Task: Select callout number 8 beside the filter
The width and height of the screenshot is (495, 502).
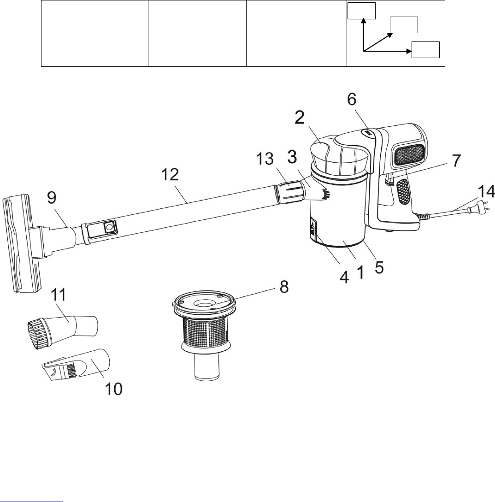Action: coord(284,287)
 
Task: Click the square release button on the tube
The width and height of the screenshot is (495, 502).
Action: coord(109,227)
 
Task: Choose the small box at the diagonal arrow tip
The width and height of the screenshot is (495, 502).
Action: coord(404,25)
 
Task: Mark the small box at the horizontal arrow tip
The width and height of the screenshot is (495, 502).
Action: coord(425,49)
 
